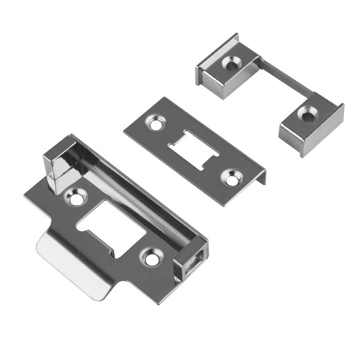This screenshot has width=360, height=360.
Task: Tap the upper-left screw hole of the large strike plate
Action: [77, 198]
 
